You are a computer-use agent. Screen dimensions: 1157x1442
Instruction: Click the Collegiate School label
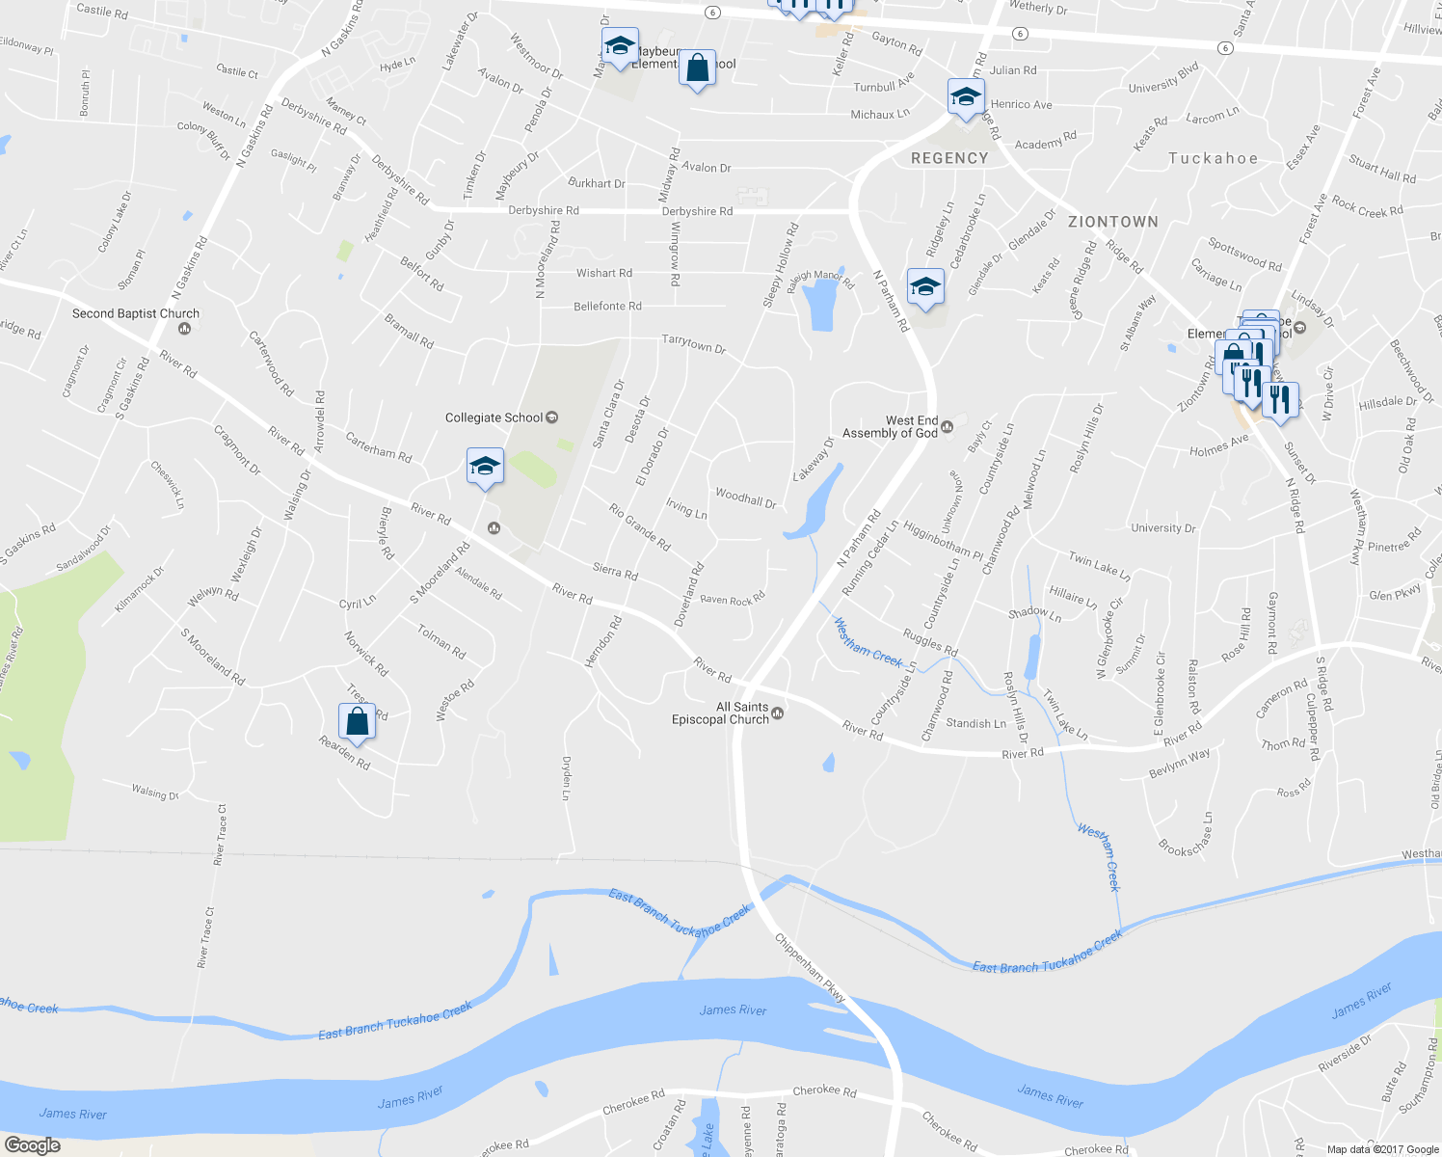coord(494,417)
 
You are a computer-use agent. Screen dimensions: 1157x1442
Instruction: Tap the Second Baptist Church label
coord(136,313)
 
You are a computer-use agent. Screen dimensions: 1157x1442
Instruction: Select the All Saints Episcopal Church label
coord(720,713)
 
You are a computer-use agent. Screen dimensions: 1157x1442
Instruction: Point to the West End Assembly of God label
coord(890,427)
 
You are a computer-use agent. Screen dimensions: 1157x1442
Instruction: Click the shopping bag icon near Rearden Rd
coord(357,721)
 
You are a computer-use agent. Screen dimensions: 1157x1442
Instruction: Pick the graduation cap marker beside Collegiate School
coord(484,467)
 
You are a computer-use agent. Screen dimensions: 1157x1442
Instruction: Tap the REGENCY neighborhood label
coord(949,158)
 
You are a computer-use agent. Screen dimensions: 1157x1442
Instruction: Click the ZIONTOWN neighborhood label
coord(1112,222)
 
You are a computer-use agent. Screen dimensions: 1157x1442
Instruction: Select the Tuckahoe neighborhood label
coord(1213,158)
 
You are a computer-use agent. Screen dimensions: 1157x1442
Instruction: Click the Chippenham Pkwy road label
coord(811,969)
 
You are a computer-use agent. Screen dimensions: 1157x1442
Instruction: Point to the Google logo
coord(32,1145)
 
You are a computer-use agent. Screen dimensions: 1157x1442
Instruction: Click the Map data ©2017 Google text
coord(1382,1149)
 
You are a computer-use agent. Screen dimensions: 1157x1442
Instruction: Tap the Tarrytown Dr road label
coord(693,343)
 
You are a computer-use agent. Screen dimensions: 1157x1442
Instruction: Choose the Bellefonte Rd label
coord(607,307)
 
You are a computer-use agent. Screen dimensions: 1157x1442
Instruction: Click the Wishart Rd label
coord(604,274)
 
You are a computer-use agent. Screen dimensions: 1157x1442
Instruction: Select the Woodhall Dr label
coord(745,498)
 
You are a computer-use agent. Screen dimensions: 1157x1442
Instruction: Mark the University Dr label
coord(1162,528)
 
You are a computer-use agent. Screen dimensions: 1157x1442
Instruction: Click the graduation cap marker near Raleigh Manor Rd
coord(925,287)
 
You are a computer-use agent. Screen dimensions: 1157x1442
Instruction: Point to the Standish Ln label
coord(975,723)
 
